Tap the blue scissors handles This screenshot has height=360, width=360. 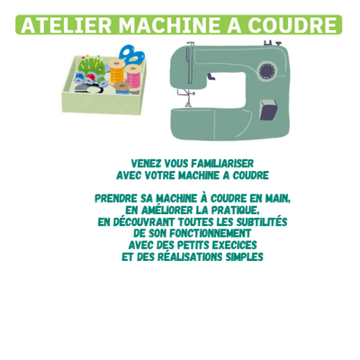tap(131, 55)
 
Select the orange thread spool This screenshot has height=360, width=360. tap(116, 71)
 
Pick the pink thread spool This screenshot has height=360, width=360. tap(133, 77)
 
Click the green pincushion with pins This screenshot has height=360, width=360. tap(91, 65)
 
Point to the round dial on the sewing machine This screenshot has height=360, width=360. tap(266, 71)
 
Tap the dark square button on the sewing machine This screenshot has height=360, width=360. tap(268, 110)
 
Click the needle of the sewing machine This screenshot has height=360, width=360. tap(188, 96)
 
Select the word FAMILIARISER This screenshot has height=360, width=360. tap(222, 164)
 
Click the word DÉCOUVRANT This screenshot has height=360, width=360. tap(144, 221)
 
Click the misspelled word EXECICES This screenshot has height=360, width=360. tap(234, 245)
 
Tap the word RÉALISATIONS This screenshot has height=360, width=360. tap(190, 256)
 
